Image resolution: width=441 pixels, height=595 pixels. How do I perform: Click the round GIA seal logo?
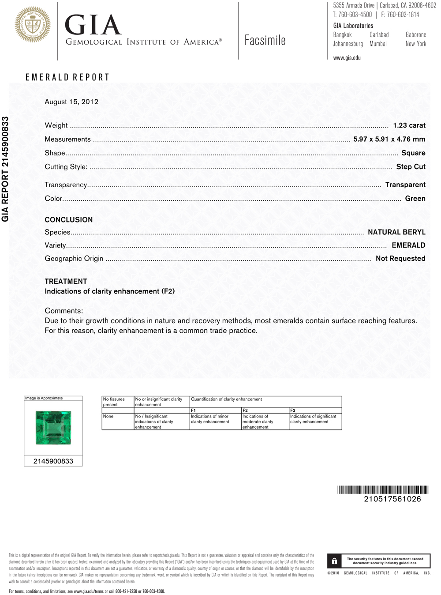point(32,25)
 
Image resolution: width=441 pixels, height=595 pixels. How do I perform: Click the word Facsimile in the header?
point(265,41)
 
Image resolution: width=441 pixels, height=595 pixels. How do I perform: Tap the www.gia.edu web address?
point(347,58)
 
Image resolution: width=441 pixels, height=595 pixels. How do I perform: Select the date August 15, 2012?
point(71,102)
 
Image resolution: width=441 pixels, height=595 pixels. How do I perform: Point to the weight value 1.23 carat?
point(409,125)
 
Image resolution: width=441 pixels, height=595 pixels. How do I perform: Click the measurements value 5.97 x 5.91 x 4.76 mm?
point(389,139)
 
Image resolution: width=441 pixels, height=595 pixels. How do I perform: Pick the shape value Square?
point(413,153)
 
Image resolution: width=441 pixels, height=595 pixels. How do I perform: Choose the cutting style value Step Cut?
point(411,166)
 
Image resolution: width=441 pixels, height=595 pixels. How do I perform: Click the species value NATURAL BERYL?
point(396,232)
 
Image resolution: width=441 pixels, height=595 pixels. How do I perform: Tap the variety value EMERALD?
point(408,245)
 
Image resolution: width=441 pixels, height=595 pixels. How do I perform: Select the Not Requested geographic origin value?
point(400,258)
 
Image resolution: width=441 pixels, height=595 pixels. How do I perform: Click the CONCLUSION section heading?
point(69,219)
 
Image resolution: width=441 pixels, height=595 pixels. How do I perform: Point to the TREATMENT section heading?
point(66,281)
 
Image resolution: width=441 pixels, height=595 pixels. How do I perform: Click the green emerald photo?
point(53,427)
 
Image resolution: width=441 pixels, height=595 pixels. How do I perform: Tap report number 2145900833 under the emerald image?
point(53,461)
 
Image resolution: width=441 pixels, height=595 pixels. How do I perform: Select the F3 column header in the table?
point(293,410)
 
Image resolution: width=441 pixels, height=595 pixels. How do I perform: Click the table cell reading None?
point(108,416)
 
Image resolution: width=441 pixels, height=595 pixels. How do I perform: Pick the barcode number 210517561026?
point(392,499)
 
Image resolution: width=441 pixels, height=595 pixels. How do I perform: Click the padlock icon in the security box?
point(334,561)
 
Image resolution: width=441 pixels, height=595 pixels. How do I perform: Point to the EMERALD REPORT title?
point(67,77)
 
